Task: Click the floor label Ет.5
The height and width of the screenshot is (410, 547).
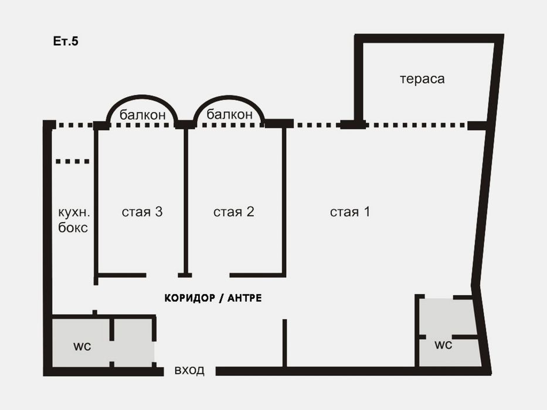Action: click(x=66, y=41)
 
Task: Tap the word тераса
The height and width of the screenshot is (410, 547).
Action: click(x=422, y=79)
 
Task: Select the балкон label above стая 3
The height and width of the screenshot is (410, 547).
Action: click(x=142, y=115)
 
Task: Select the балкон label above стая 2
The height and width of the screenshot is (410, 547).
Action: click(x=229, y=114)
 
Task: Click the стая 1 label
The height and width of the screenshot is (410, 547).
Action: click(x=350, y=211)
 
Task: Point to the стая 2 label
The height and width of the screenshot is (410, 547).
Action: click(x=233, y=211)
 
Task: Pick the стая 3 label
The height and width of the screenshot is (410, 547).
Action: click(x=142, y=211)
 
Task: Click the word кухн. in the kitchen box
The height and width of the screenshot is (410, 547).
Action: click(x=74, y=212)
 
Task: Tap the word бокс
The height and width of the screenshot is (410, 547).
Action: click(x=73, y=228)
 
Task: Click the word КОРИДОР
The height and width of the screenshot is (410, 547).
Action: click(x=189, y=298)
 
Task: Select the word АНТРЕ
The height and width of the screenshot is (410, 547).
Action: click(x=244, y=298)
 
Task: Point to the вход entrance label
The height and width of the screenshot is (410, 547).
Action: click(x=189, y=370)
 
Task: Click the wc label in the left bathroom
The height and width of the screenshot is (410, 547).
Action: click(x=82, y=346)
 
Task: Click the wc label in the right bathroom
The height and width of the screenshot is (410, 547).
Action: click(x=443, y=345)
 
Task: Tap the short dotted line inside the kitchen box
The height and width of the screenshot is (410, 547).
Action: click(x=73, y=161)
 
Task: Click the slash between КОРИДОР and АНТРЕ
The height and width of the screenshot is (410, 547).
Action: click(x=221, y=299)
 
